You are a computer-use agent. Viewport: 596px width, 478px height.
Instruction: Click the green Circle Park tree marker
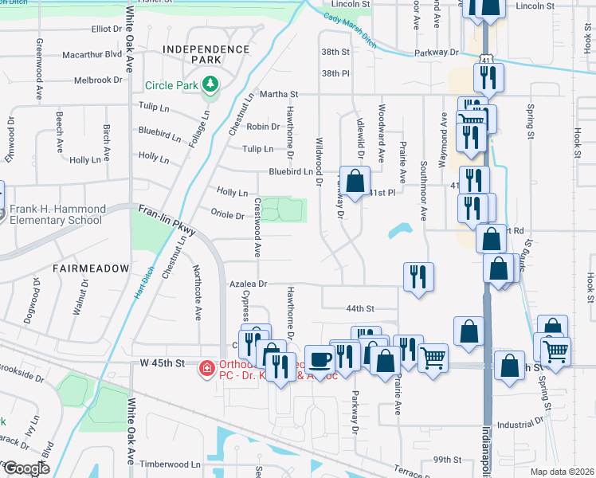click(x=210, y=83)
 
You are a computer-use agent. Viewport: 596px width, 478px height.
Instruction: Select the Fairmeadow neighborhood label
click(x=91, y=268)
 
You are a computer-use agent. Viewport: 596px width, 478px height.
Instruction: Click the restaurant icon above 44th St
click(x=418, y=276)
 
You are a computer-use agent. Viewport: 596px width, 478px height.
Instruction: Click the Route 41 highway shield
click(x=488, y=59)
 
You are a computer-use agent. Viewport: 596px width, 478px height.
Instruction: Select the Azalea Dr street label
click(x=247, y=283)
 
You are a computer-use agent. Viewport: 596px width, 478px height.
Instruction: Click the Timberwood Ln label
click(x=171, y=464)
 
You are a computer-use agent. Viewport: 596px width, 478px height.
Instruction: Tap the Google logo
click(x=25, y=468)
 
